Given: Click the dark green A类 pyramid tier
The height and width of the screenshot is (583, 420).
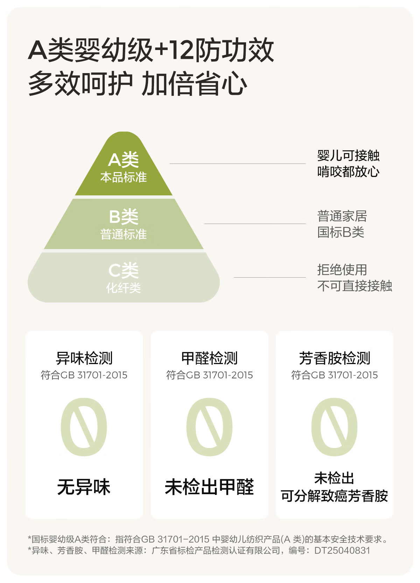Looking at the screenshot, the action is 124,168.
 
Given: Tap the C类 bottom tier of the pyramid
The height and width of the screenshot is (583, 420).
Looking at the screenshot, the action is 124,278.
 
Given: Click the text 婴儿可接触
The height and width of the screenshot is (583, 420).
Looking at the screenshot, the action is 348,156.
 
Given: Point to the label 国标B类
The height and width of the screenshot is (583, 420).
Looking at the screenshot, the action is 341,232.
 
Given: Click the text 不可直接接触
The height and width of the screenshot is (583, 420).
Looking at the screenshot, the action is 354,286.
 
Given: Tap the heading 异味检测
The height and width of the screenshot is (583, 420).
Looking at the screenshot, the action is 84,358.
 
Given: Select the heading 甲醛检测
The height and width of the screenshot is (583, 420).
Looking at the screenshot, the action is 209,358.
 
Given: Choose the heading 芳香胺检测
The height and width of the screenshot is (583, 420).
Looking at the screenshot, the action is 335,358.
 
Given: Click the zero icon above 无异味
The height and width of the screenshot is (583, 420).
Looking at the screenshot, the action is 84,427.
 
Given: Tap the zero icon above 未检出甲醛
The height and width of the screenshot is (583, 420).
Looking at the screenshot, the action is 209,427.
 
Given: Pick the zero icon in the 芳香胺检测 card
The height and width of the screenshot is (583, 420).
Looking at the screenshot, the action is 335,427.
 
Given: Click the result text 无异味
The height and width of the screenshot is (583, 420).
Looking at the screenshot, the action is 84,487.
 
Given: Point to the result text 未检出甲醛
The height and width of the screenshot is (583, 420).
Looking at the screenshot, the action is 209,487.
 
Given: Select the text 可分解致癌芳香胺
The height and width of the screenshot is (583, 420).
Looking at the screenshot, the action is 335,496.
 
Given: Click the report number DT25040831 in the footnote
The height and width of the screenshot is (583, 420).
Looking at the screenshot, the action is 342,550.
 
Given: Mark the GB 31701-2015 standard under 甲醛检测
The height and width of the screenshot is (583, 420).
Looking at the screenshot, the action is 219,375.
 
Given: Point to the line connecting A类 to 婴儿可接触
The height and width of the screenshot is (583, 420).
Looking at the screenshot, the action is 238,163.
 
